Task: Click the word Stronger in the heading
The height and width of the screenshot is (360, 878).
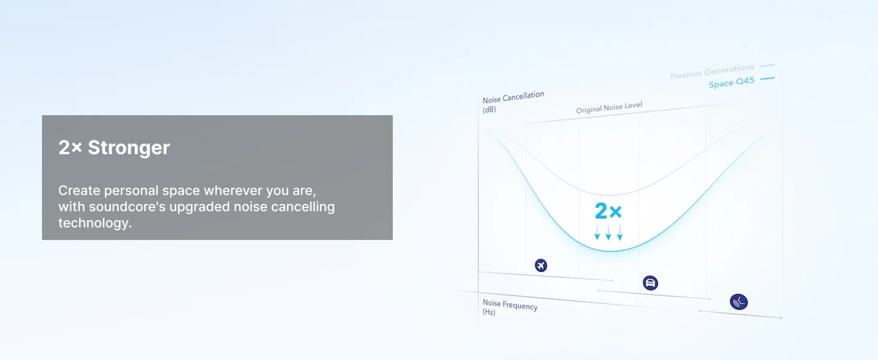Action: point(129,148)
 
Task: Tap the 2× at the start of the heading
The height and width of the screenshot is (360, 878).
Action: point(70,147)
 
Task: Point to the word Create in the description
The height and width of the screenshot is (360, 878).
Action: point(79,191)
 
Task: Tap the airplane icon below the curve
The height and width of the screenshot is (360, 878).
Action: point(541,265)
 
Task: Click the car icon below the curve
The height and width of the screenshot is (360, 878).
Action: point(650,283)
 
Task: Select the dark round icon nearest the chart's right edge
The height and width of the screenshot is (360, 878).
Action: point(739,302)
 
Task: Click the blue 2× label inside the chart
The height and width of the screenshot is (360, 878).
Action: point(608,211)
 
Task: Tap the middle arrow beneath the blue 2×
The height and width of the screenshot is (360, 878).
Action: point(608,232)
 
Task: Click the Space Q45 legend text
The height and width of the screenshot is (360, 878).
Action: point(731,82)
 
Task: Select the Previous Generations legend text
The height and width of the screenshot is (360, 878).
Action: point(712,71)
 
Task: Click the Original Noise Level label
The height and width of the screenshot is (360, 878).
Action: point(609,107)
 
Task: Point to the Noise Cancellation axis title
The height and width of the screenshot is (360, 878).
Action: point(513,97)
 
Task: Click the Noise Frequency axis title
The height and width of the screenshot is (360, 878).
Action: point(510,304)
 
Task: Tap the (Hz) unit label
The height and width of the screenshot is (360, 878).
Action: point(489,312)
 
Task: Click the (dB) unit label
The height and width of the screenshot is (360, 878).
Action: point(489,110)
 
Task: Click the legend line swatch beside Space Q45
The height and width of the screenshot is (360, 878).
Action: point(768,78)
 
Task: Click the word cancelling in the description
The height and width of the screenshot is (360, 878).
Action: point(303,207)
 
